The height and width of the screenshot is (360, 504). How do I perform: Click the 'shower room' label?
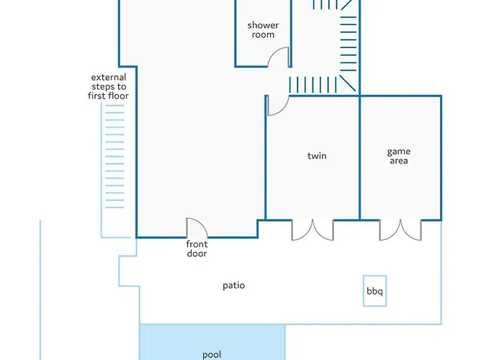tap(263, 30)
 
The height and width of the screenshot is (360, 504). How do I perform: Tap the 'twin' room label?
tap(317, 156)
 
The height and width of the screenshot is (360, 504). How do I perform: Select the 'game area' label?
tap(399, 156)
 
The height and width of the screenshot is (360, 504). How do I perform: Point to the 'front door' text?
tap(197, 249)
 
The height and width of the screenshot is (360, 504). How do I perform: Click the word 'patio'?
tap(234, 286)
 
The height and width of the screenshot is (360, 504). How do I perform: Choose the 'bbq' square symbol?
tap(374, 292)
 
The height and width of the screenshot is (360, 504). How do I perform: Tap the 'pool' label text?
tap(212, 354)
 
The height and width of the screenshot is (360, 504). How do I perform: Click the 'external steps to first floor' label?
tap(109, 87)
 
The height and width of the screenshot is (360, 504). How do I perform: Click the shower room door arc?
tap(279, 58)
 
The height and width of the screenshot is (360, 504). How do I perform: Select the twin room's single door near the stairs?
tap(277, 105)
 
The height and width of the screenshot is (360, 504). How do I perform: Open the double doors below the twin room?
tap(313, 230)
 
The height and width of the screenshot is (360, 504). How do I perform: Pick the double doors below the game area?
tap(401, 230)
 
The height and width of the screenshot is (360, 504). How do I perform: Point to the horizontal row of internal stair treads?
tap(313, 84)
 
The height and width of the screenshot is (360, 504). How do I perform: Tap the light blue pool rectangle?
tap(212, 338)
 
